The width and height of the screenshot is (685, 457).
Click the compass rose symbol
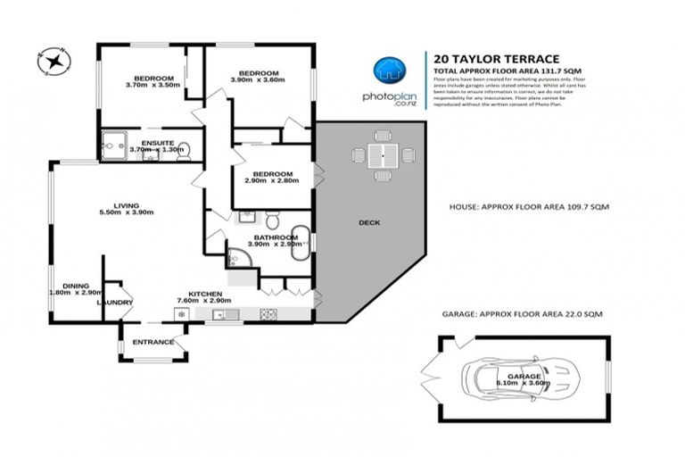(x=54, y=61)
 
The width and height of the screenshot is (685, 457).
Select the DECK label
(x=367, y=222)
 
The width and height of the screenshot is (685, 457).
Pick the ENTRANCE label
(x=153, y=342)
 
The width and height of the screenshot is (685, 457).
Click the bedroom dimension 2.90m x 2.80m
(x=271, y=181)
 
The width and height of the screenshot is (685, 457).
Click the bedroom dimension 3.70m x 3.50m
(x=153, y=85)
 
